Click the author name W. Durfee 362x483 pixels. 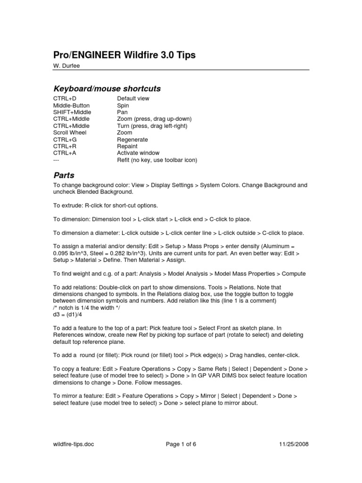click(x=66, y=66)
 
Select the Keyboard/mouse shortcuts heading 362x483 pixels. click(x=107, y=89)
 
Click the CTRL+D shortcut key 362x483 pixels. click(x=64, y=99)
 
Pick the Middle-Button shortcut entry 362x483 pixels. click(x=71, y=106)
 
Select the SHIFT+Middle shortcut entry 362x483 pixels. click(x=72, y=112)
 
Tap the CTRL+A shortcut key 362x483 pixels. click(x=64, y=153)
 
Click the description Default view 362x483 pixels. click(x=133, y=99)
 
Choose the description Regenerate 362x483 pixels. click(x=132, y=140)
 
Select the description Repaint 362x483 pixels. click(x=128, y=146)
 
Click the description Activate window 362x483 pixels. click(x=138, y=153)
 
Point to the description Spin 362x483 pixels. click(x=123, y=106)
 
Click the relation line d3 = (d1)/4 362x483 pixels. click(x=70, y=314)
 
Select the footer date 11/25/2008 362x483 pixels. click(x=294, y=444)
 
